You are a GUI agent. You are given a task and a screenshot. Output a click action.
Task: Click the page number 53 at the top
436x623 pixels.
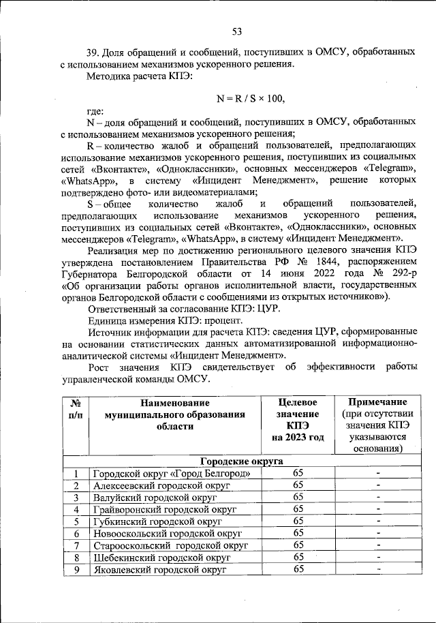[237, 31]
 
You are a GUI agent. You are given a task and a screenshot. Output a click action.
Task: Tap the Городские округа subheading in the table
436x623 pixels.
[241, 461]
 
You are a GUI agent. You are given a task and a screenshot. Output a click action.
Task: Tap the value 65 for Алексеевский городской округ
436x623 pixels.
[298, 485]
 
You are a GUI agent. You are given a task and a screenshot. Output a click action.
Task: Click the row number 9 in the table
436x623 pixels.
[76, 569]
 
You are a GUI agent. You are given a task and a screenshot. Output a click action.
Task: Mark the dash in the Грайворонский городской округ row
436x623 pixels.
[378, 510]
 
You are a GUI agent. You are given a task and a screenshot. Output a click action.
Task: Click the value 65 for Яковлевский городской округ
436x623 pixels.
[298, 569]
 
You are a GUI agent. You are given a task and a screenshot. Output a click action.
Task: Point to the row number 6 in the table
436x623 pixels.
[76, 534]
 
